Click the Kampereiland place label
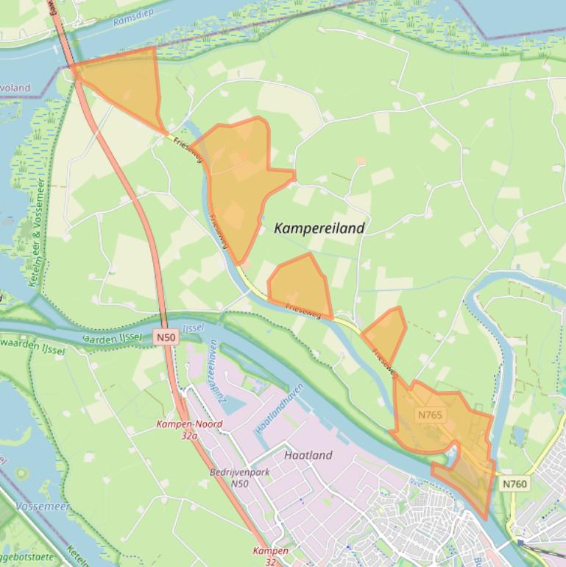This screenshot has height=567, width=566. point(319,228)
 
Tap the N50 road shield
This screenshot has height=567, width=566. point(166,337)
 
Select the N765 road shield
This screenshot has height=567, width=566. point(430,415)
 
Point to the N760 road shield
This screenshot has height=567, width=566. point(515,484)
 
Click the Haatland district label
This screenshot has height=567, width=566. point(308,455)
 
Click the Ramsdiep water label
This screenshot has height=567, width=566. point(131,20)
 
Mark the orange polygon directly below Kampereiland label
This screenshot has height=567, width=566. point(300,285)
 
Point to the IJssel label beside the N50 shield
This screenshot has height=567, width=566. point(192,327)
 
